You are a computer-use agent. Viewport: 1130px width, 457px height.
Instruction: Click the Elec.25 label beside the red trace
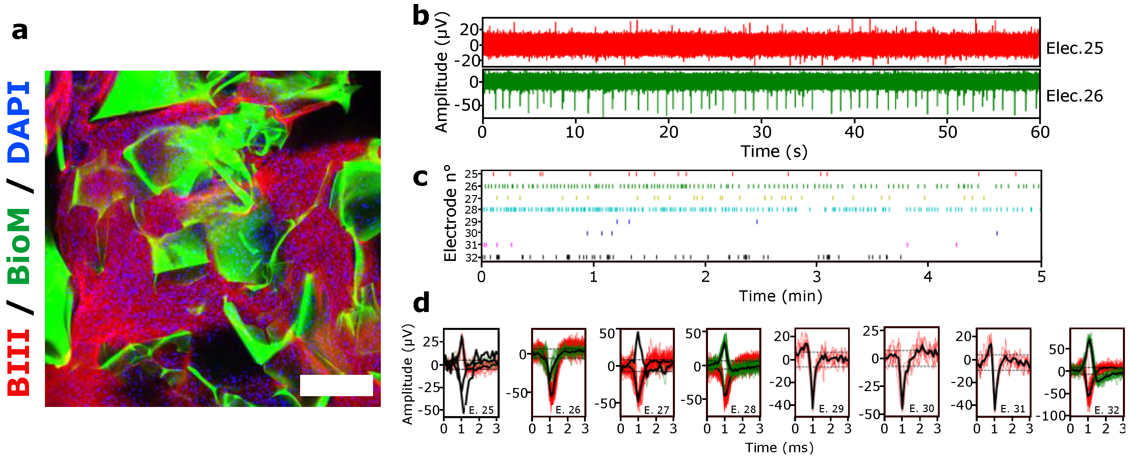point(1074,48)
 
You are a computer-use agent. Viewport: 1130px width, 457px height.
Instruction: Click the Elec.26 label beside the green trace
point(1074,96)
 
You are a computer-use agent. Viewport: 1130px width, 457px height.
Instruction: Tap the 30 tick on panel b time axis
point(762,132)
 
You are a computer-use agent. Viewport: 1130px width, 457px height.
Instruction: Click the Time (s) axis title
point(774,151)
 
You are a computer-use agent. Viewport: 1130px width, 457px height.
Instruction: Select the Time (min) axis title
point(780,296)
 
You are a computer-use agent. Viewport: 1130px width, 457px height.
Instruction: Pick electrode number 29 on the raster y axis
point(472,222)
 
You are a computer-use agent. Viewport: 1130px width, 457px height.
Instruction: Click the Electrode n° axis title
point(450,213)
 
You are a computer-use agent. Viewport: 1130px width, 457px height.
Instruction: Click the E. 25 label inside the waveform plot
point(481,410)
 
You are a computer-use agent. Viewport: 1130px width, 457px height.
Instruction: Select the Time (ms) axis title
point(779,447)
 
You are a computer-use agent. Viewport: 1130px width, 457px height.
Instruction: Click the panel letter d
point(421,303)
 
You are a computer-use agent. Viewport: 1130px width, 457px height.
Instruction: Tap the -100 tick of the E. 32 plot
point(1054,415)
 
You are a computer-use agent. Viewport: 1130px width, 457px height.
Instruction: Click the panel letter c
point(420,177)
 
